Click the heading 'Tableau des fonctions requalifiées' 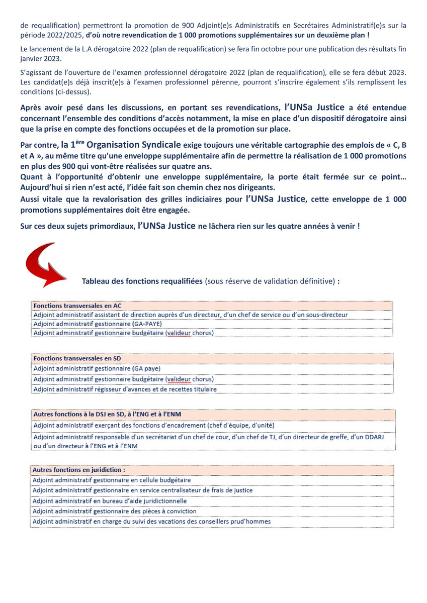tap(142, 281)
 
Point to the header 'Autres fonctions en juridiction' tap(79, 470)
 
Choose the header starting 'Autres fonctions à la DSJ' tap(107, 414)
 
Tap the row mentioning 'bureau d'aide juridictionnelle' tap(110, 500)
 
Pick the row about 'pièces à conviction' tap(115, 511)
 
